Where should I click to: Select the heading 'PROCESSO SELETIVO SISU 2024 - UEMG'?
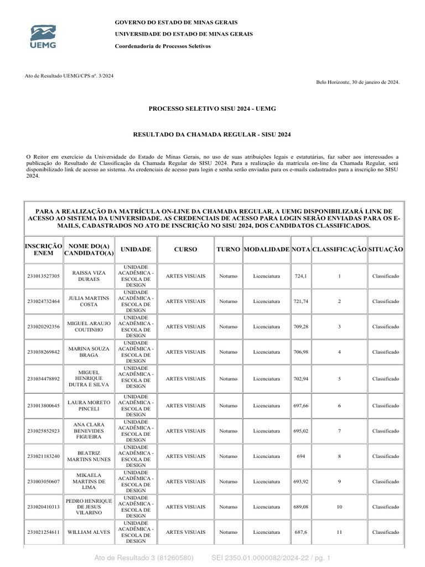pyautogui.click(x=212, y=109)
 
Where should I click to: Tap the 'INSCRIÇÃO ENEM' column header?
pyautogui.click(x=44, y=250)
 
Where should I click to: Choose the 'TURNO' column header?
pyautogui.click(x=228, y=250)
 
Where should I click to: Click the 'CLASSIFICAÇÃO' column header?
pyautogui.click(x=339, y=250)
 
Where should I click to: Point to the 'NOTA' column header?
pyautogui.click(x=301, y=250)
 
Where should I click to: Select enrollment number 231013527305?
pyautogui.click(x=44, y=276)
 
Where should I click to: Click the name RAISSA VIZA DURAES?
pyautogui.click(x=89, y=276)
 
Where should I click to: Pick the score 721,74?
pyautogui.click(x=301, y=301)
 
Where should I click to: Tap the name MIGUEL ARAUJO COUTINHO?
pyautogui.click(x=89, y=327)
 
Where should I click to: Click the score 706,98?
pyautogui.click(x=301, y=352)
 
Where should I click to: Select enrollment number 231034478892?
pyautogui.click(x=44, y=379)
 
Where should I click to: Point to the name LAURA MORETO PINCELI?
pyautogui.click(x=89, y=405)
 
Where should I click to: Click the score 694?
pyautogui.click(x=301, y=456)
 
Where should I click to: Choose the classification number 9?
pyautogui.click(x=339, y=482)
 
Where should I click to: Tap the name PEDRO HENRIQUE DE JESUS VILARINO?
pyautogui.click(x=89, y=507)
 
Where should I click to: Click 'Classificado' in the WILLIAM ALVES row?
pyautogui.click(x=385, y=532)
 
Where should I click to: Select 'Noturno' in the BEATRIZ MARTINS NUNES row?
pyautogui.click(x=228, y=456)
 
